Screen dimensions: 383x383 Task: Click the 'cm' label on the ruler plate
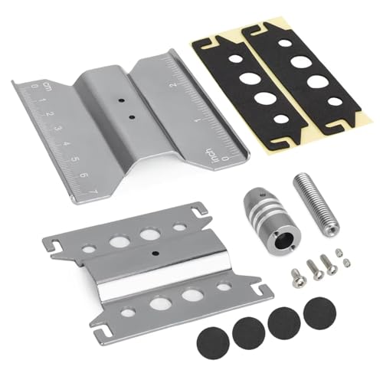pyautogui.click(x=25, y=90)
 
